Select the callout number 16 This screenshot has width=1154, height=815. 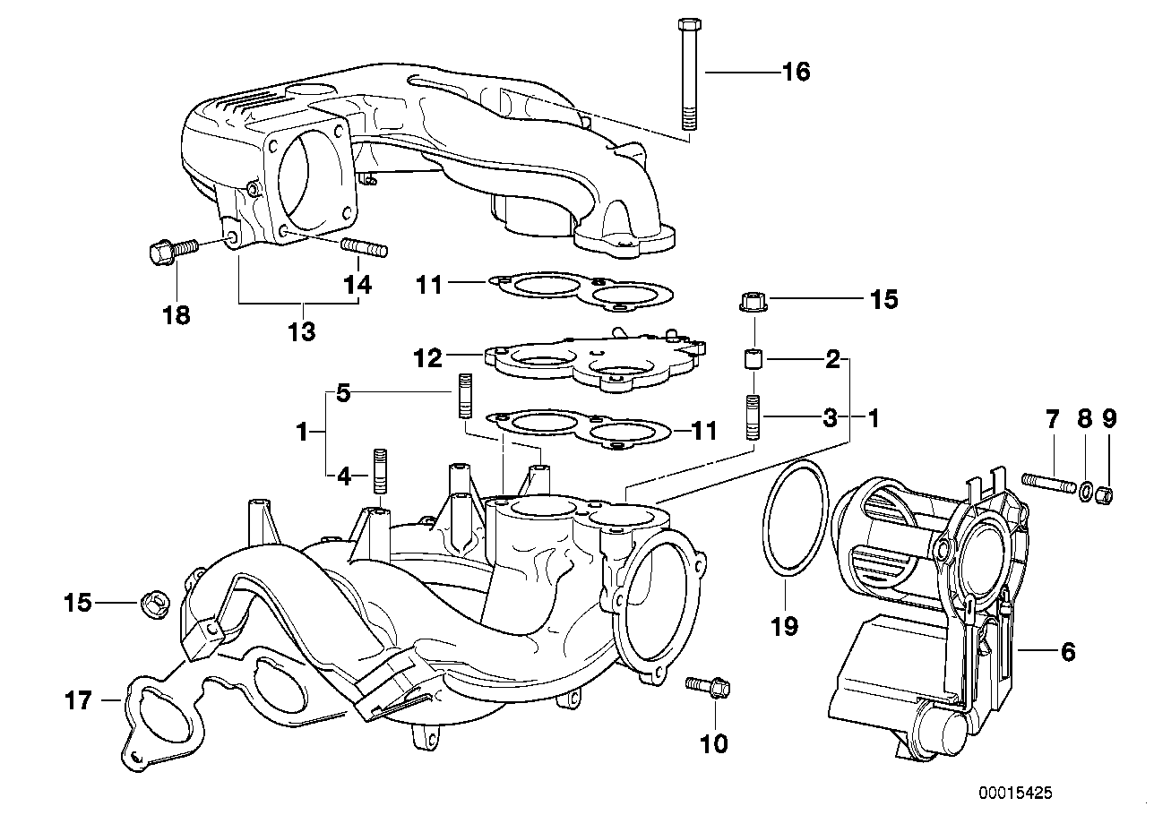(x=796, y=72)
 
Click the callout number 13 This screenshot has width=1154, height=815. (x=301, y=332)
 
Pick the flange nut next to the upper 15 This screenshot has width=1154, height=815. (x=753, y=302)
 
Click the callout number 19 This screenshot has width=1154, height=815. (x=784, y=626)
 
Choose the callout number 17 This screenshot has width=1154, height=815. (x=78, y=700)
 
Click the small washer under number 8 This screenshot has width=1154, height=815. (x=1085, y=491)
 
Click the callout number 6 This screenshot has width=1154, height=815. (x=1067, y=653)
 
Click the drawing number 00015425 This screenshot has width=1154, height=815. (x=1016, y=794)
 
